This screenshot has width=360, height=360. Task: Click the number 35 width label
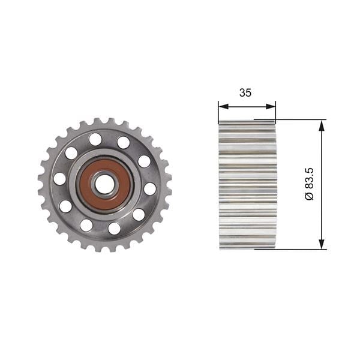245,93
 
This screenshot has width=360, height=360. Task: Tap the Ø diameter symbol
309,197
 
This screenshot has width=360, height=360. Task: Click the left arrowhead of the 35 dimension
223,106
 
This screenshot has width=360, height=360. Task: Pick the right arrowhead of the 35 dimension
271,106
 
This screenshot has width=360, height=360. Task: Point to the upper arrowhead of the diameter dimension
322,125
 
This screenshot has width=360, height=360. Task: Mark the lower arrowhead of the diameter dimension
322,244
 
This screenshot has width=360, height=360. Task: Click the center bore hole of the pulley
104,185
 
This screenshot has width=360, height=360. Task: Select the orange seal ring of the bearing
105,185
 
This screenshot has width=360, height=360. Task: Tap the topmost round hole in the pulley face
95,139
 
